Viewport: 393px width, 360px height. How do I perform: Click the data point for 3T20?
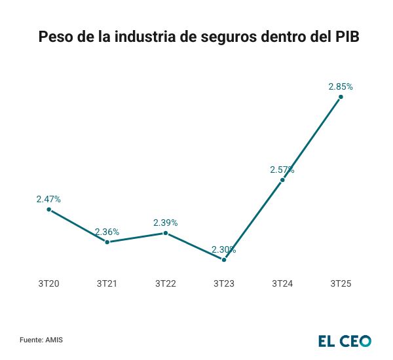(48, 209)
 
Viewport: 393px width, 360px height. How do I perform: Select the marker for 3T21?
(107, 242)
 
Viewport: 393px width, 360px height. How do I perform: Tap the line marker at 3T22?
(166, 233)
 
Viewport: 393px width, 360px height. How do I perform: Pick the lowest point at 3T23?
(224, 260)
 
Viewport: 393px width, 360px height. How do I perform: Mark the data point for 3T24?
(282, 179)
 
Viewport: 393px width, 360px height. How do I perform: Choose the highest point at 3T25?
(341, 97)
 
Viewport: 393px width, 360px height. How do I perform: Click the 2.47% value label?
(48, 199)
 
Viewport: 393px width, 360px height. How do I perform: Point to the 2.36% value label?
(107, 232)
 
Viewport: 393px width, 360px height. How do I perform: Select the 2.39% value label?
(166, 223)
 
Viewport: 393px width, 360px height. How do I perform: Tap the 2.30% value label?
(224, 249)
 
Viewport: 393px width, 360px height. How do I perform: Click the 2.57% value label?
(282, 170)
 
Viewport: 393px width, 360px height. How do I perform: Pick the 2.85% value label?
(341, 86)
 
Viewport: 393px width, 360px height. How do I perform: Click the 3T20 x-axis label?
(48, 283)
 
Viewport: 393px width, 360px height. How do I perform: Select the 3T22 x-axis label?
(166, 283)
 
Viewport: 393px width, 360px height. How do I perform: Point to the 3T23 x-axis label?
(224, 283)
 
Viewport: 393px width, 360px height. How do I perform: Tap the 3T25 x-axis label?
(341, 283)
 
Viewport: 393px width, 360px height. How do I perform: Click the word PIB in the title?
(344, 37)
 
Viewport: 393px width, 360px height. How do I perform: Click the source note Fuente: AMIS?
(41, 340)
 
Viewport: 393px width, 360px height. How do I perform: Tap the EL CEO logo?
(345, 341)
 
